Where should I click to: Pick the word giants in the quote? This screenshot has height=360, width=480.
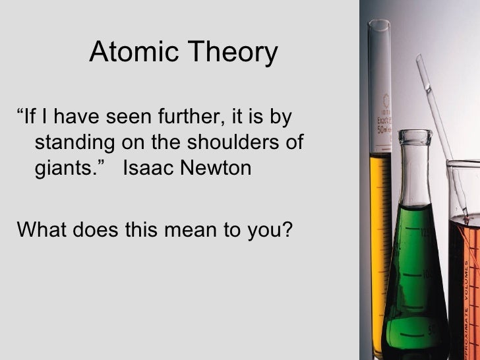tap(63, 169)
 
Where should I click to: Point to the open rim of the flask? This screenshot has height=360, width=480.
tap(415, 134)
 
